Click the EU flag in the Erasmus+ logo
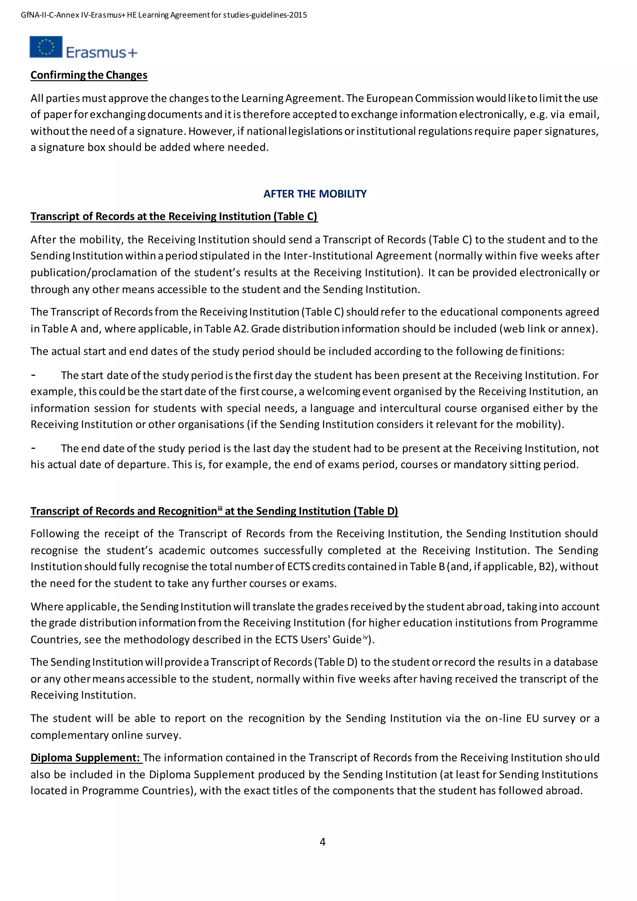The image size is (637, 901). pos(46,47)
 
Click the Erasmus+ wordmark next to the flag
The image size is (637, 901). pos(101,52)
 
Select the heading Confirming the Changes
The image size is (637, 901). pos(89,75)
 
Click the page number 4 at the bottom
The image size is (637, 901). pos(323,842)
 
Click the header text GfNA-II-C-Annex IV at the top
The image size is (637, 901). pos(53,15)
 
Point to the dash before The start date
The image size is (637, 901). pos(34,375)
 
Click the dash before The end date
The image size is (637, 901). pos(34,448)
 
